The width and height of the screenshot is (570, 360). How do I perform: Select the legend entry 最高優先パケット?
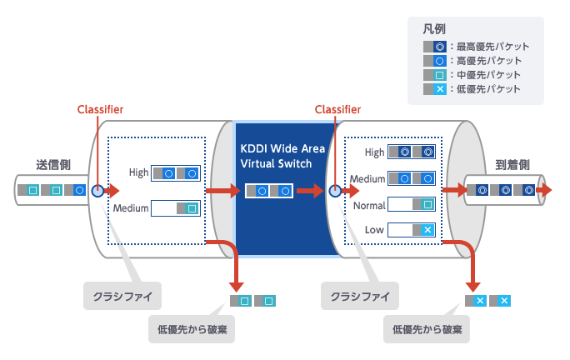click(476, 47)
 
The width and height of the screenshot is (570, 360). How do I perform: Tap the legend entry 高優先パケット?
click(476, 61)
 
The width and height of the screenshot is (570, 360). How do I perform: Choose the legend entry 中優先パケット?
click(476, 75)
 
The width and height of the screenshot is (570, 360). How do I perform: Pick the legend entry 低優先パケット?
click(476, 89)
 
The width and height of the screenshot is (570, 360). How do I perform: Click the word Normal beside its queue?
click(369, 205)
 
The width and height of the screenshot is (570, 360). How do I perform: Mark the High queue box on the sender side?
click(177, 173)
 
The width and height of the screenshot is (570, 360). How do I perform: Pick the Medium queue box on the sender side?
click(177, 208)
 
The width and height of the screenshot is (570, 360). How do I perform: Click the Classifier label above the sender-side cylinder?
click(100, 109)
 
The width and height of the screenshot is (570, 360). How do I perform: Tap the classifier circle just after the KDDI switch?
click(334, 191)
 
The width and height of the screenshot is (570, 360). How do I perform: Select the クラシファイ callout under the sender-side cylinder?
click(122, 297)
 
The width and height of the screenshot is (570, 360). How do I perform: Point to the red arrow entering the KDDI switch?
click(221, 191)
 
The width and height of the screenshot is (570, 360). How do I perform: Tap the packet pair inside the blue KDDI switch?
click(269, 191)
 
